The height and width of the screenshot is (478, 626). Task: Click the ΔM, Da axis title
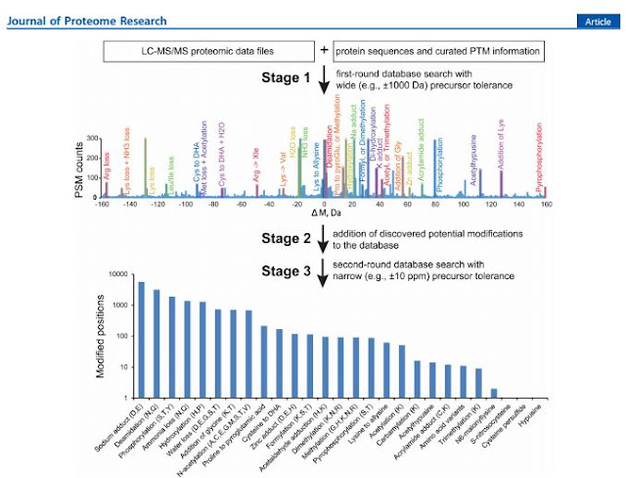point(322,214)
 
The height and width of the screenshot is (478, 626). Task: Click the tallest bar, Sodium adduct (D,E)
point(141,339)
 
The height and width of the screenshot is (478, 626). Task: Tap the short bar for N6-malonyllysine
point(494,393)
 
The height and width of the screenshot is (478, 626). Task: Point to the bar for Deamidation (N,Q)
point(156,343)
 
